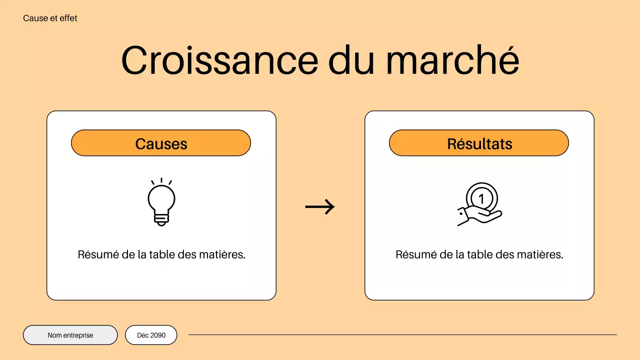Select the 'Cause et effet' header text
[50, 18]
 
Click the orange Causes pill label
[160, 143]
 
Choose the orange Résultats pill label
[479, 143]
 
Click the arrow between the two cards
[320, 206]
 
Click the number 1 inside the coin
[481, 199]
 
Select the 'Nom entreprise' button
[70, 335]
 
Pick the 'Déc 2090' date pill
[151, 335]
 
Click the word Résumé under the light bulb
[95, 254]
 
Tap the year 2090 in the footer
[158, 335]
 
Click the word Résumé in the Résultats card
[413, 254]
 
